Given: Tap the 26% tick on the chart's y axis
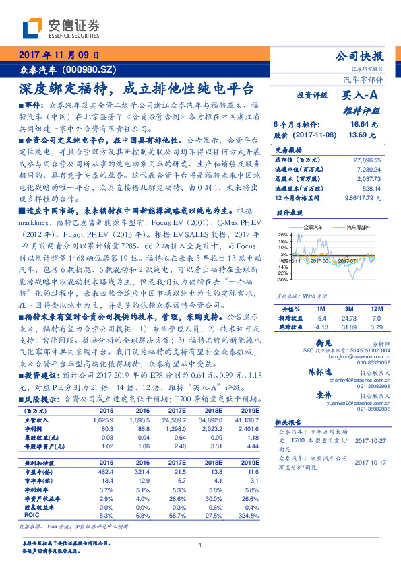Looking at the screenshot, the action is pyautogui.click(x=282, y=235).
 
